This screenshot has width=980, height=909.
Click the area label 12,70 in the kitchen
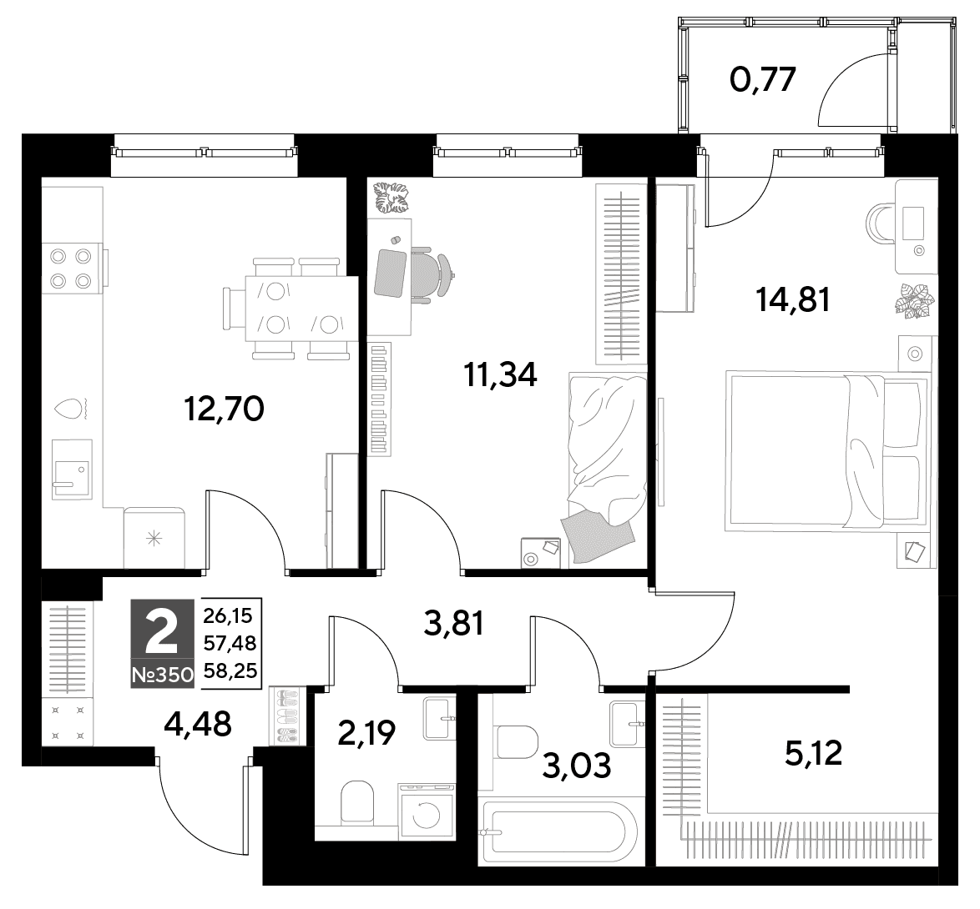coord(225,409)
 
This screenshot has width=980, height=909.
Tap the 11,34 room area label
coord(500,374)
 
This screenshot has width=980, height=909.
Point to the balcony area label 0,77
coord(763,79)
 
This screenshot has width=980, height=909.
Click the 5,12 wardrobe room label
coord(814,753)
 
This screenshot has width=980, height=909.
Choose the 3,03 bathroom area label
coord(576,766)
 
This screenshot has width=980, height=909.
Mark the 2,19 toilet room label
coord(366,733)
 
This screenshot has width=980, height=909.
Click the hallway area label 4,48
coord(198,724)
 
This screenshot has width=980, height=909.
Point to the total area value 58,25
coord(230,671)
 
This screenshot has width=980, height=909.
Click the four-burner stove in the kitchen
coord(71,268)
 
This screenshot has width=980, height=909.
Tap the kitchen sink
coord(72,469)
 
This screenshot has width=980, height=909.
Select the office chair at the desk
coord(432,274)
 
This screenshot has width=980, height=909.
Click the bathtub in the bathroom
coord(556,831)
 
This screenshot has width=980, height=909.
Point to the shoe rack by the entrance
coord(288,716)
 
